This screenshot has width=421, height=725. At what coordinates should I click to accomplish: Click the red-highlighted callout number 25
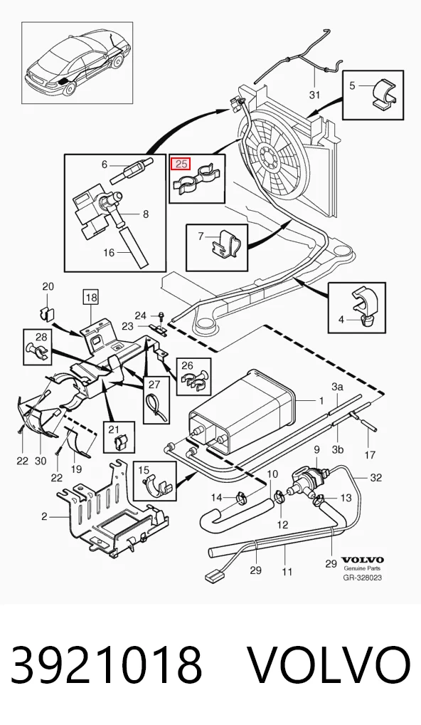click(x=180, y=164)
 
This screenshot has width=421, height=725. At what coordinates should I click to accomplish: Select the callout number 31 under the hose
click(x=314, y=95)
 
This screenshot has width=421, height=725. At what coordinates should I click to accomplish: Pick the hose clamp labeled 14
click(x=240, y=498)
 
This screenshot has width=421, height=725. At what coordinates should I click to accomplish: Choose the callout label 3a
click(x=338, y=387)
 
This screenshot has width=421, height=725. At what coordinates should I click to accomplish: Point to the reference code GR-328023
click(x=362, y=578)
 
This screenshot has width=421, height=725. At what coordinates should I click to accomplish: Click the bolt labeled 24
click(x=161, y=315)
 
